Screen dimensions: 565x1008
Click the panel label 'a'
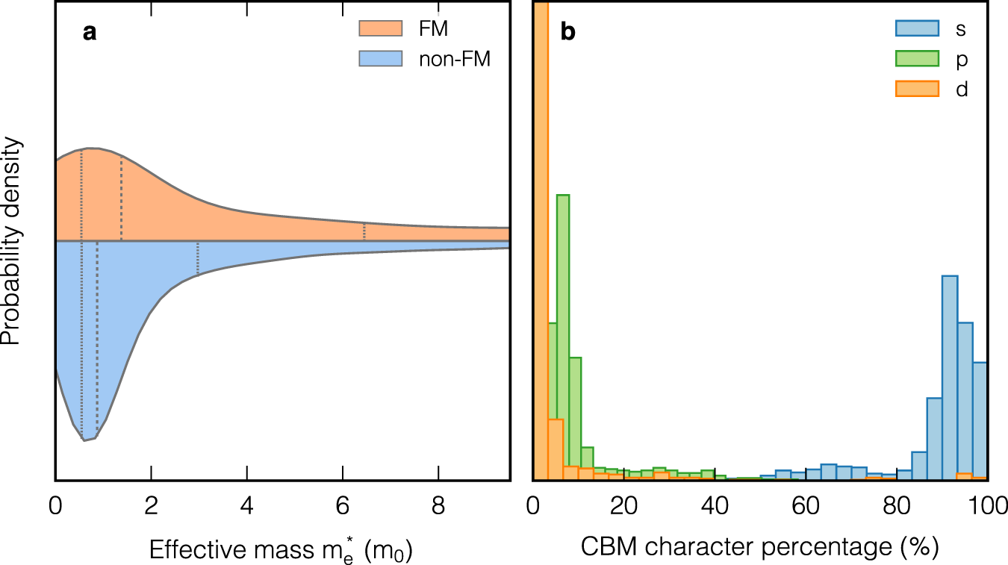90,32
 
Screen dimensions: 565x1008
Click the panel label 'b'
568,32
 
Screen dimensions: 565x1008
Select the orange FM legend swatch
380,28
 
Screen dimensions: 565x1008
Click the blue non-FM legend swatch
380,59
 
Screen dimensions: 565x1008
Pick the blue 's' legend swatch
916,28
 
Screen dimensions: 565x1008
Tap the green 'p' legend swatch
916,59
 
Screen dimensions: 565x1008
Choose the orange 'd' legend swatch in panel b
916,90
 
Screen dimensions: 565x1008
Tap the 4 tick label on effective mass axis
246,505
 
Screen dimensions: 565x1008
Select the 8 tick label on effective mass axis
438,505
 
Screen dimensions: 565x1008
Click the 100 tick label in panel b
987,505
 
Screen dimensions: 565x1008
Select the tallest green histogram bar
563,336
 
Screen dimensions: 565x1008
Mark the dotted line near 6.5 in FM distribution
364,232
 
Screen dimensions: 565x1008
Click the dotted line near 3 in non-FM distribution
198,258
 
